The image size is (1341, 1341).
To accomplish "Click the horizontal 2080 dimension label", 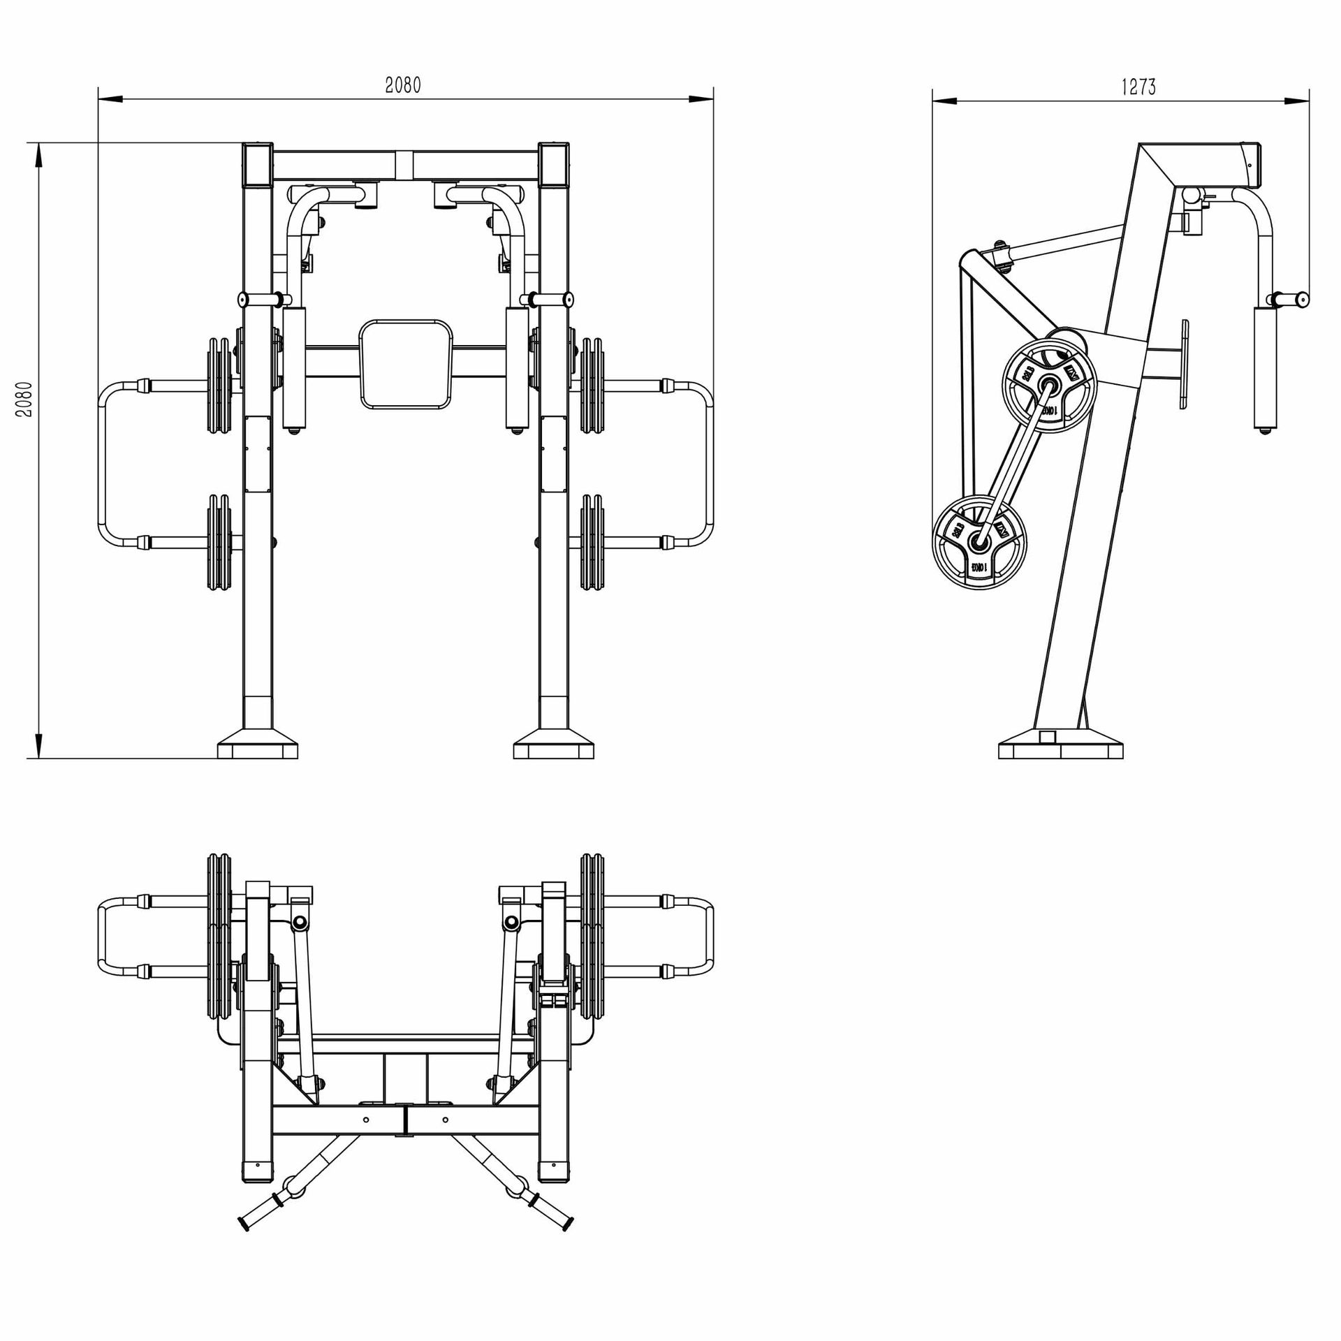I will click(x=403, y=85).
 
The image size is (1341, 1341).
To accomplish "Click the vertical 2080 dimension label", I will click(x=24, y=399).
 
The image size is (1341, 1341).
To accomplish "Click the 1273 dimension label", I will click(x=1138, y=87).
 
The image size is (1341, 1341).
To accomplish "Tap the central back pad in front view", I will click(x=406, y=364).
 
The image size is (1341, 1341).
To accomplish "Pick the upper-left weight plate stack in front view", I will click(x=219, y=386).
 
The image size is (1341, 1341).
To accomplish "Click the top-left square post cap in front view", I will click(x=258, y=164).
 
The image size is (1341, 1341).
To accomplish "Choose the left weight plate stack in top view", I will click(x=219, y=936).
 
